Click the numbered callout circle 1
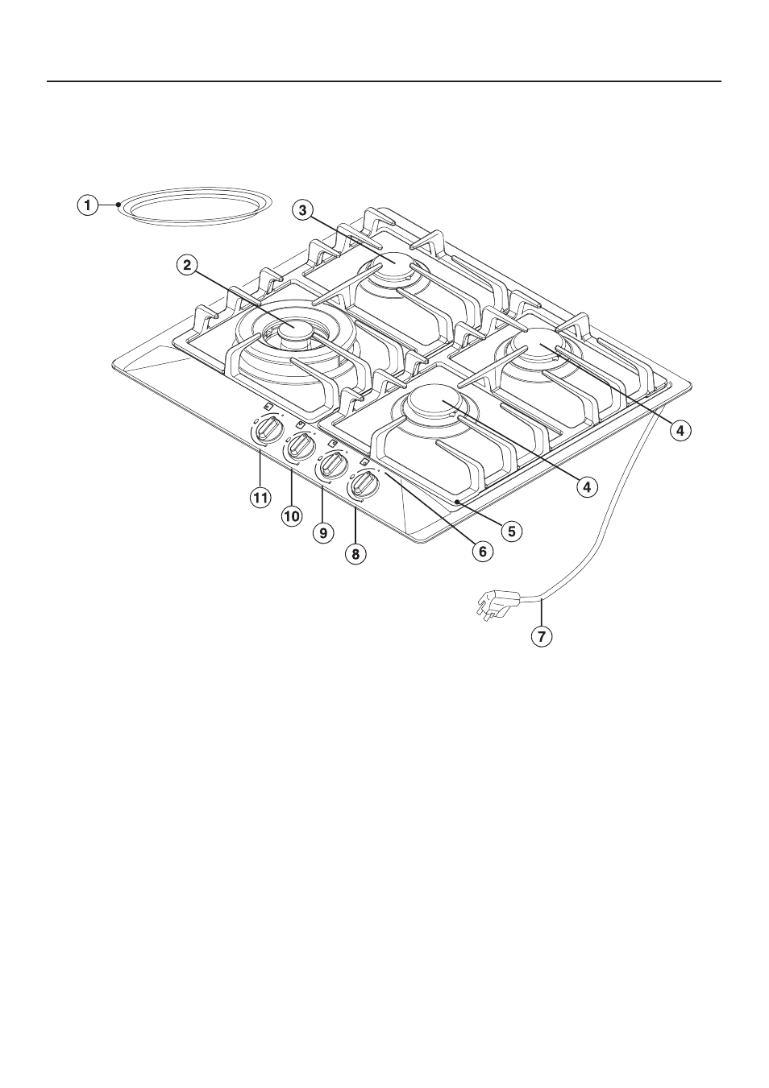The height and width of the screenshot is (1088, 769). click(x=88, y=205)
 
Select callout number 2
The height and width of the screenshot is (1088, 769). click(x=187, y=265)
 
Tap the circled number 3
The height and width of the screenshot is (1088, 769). click(x=302, y=211)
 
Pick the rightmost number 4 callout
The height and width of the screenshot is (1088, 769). click(x=680, y=430)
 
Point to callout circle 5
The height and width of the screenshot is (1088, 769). click(x=512, y=531)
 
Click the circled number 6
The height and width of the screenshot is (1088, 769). click(x=482, y=552)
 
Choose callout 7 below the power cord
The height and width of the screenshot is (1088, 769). click(x=542, y=635)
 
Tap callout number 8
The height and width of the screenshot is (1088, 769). click(x=355, y=554)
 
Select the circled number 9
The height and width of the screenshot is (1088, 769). click(x=323, y=533)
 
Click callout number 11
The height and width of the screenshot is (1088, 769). click(x=260, y=498)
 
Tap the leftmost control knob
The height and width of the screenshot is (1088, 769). click(x=267, y=429)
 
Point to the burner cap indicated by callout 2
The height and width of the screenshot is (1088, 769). click(x=293, y=332)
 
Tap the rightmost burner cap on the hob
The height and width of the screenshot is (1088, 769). click(x=534, y=343)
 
